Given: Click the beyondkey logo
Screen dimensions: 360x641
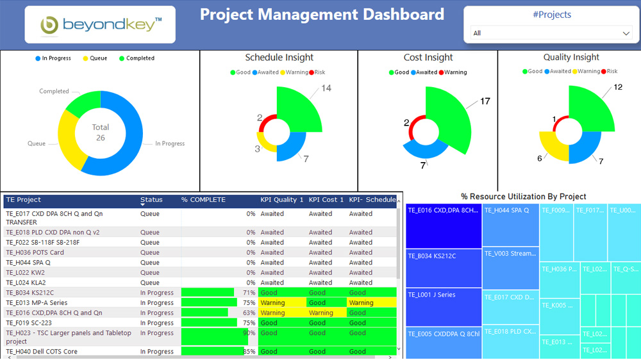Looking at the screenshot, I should click(99, 25).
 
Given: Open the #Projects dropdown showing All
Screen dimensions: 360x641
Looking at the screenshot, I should click(551, 33).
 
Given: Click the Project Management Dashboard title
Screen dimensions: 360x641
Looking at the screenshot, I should click(322, 15).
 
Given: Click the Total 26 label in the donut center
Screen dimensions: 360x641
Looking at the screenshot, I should click(100, 132).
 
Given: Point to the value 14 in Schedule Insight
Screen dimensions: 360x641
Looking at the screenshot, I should click(326, 88).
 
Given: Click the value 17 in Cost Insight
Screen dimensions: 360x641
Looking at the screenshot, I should click(485, 101).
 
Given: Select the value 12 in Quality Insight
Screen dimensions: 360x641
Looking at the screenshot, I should click(618, 87).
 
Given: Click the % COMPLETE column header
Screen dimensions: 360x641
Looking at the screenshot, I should click(203, 200).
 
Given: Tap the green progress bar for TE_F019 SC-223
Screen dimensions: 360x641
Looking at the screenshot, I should click(209, 323).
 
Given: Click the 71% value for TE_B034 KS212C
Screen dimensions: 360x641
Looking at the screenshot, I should click(249, 293).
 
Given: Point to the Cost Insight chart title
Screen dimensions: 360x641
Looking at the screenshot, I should click(428, 58).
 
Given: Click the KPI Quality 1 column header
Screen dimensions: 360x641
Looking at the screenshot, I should click(281, 200).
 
